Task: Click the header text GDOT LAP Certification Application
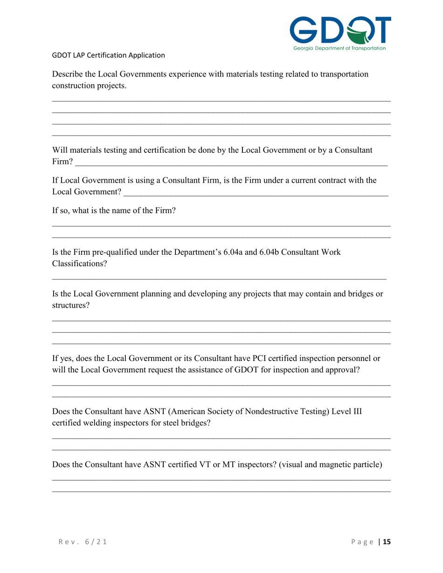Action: pos(109,55)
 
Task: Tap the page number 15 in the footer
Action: pos(387,542)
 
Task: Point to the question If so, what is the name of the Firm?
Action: pos(114,210)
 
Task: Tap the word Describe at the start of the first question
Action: pos(68,74)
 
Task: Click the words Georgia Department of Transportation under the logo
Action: pos(339,48)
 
